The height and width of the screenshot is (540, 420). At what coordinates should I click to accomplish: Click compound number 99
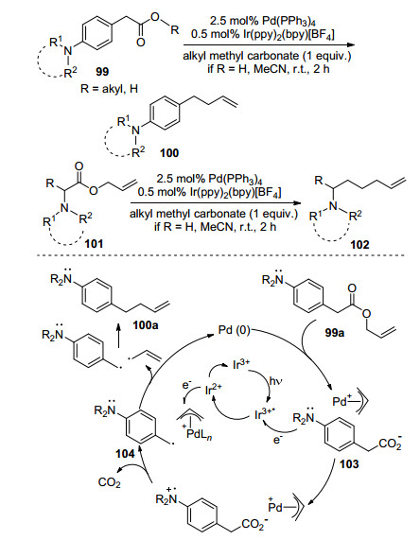pos(102,72)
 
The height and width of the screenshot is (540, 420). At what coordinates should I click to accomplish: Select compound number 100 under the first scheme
pos(169,153)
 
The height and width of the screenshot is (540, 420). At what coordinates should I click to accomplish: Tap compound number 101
pos(94,244)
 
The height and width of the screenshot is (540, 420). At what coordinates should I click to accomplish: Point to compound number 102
pos(359,245)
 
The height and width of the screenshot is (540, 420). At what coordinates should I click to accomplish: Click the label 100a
pos(146,324)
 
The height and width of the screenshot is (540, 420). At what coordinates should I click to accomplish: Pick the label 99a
pos(335,333)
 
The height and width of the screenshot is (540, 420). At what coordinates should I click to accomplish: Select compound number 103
pos(349,464)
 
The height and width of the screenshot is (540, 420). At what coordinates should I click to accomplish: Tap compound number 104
pos(125,454)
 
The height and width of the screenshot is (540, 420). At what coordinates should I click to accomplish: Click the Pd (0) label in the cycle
pos(234,330)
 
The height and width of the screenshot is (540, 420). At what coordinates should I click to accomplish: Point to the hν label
pos(276,381)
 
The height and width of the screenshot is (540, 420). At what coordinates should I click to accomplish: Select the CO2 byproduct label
pos(109,482)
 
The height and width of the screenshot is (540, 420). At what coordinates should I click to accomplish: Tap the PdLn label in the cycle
pos(198,433)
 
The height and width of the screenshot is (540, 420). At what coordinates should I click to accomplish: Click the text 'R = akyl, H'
pos(109,89)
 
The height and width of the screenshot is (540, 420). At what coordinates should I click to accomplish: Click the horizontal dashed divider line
pos(221,255)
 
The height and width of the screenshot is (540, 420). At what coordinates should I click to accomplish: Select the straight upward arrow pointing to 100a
pos(118,336)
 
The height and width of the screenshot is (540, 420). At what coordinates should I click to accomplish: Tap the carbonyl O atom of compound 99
pos(141,42)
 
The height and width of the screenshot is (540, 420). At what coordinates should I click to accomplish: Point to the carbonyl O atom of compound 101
pos(79,166)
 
